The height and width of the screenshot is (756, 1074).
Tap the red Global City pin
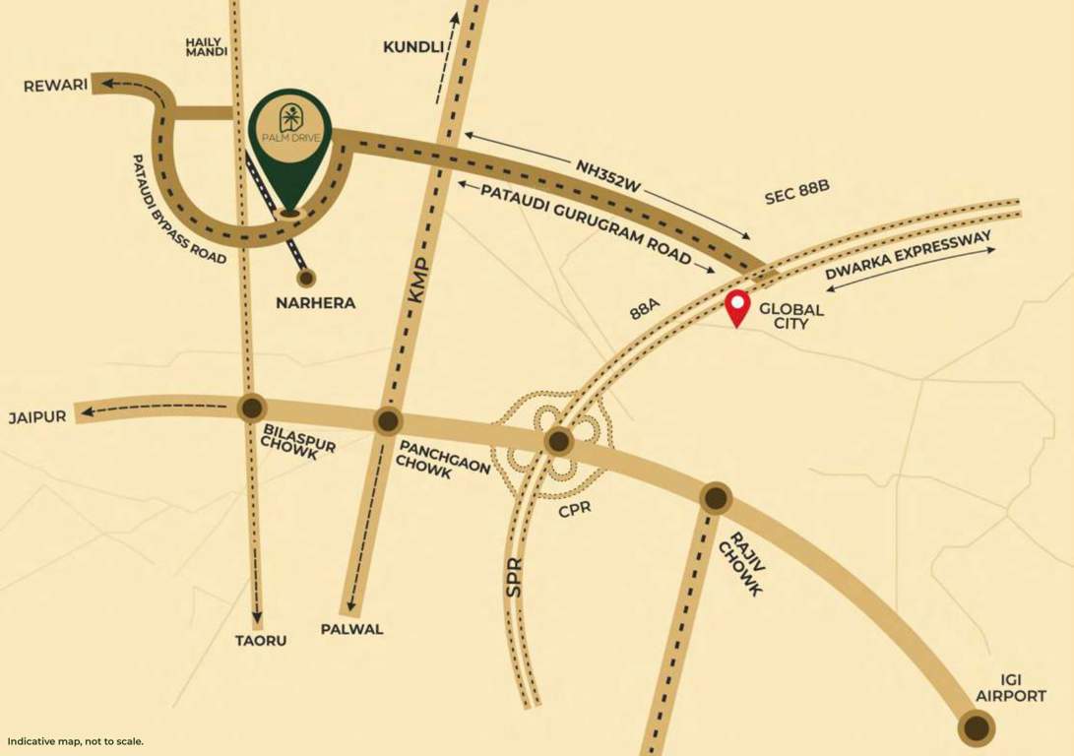tap(737, 308)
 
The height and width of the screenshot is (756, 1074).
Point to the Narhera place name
tap(315, 303)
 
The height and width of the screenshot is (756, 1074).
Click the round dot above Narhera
tap(306, 279)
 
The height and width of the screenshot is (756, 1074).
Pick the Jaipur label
tap(37, 416)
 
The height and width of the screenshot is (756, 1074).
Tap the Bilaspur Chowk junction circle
tap(252, 408)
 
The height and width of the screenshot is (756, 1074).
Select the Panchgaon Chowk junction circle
tap(387, 421)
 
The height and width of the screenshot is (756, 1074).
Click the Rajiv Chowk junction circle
tap(716, 497)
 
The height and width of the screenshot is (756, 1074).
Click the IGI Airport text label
tap(1010, 688)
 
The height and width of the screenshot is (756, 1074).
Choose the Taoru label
tap(261, 640)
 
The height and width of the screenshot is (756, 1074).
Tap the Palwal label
tap(351, 629)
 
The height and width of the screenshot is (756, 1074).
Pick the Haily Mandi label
tap(207, 45)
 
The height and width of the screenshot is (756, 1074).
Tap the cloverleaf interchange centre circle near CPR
tap(559, 441)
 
